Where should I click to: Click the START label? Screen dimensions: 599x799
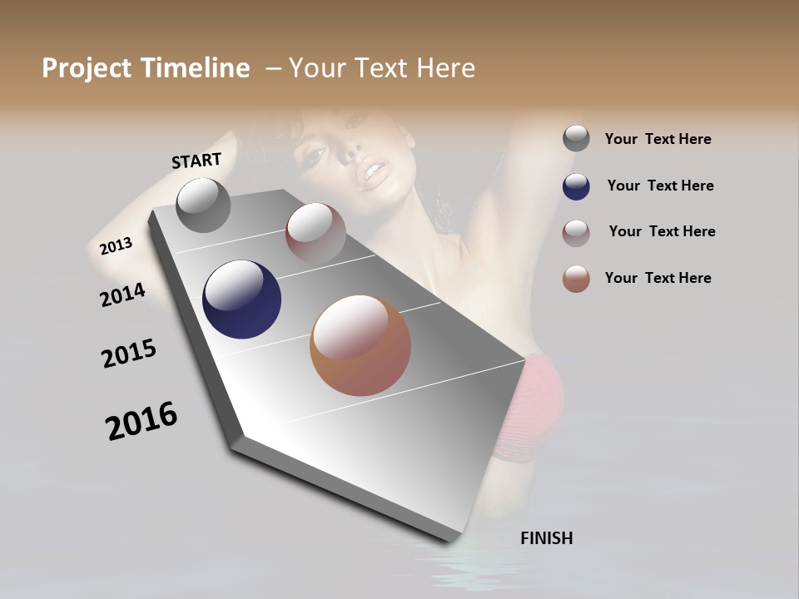[x=196, y=160]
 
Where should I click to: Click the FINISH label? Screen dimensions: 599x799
[x=546, y=538]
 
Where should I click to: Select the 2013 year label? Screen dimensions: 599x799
[x=116, y=245]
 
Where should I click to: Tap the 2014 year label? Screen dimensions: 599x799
[x=122, y=295]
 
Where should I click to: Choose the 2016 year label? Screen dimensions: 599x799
[x=141, y=421]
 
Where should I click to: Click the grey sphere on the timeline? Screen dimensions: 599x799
[x=203, y=205]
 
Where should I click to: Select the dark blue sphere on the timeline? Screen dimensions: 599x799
[x=241, y=299]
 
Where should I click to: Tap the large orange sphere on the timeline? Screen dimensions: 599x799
[x=360, y=345]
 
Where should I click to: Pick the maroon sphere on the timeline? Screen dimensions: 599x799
[x=315, y=232]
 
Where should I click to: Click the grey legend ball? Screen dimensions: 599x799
[x=576, y=139]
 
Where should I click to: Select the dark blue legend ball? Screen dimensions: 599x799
[x=576, y=186]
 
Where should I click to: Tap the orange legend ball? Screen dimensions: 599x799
[x=576, y=279]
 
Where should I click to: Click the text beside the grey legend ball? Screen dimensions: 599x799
[x=658, y=139]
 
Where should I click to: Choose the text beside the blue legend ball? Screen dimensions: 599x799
[x=660, y=186]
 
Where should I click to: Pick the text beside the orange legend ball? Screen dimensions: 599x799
[x=658, y=278]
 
